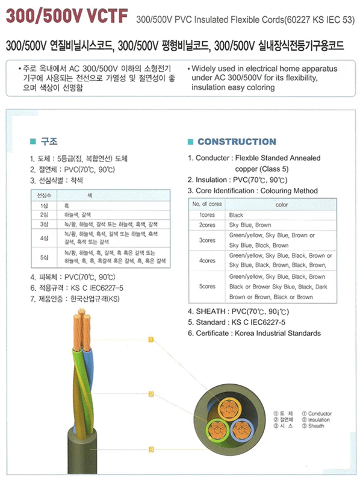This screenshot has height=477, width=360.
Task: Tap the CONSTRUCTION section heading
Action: click(237, 142)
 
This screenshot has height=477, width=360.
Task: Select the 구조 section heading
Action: click(49, 143)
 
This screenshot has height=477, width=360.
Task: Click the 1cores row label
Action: click(207, 215)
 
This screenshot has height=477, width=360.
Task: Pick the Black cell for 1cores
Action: click(236, 215)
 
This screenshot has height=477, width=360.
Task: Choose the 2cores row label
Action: click(207, 225)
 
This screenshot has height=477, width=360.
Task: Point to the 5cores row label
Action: click(207, 286)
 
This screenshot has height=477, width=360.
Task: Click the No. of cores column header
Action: click(207, 205)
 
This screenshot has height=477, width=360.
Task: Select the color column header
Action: click(281, 205)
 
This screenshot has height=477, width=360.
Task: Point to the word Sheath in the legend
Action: click(315, 426)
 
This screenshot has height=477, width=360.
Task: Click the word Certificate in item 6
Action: click(213, 333)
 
